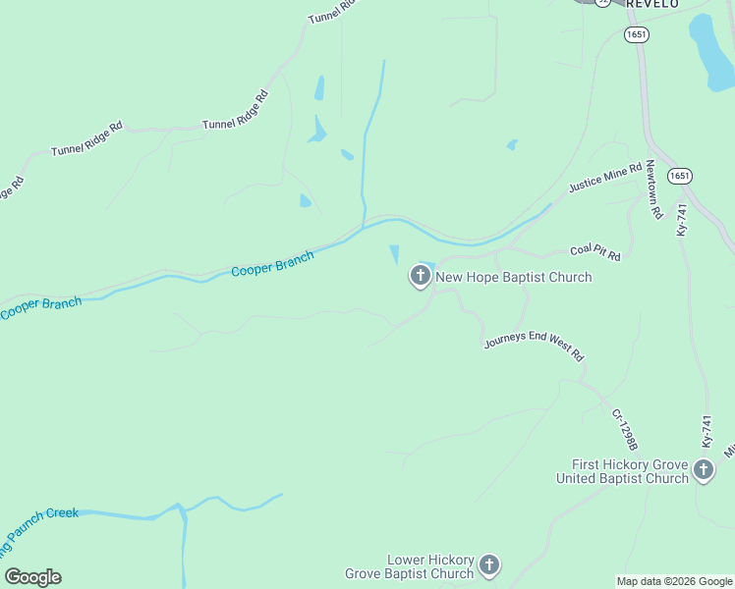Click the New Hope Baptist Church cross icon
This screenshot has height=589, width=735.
tap(421, 277)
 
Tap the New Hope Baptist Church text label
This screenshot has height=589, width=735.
tap(514, 278)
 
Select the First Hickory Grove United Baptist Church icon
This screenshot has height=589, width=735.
tap(704, 470)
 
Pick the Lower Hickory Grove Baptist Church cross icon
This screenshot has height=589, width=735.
tap(489, 565)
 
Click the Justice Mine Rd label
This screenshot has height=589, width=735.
tap(604, 179)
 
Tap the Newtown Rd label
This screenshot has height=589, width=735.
tap(651, 190)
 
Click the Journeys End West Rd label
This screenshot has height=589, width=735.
tap(535, 348)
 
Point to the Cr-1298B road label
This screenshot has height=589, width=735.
tap(625, 430)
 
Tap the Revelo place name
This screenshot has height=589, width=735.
tap(652, 4)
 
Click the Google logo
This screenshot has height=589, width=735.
tap(32, 577)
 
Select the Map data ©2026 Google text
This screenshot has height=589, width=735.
tap(674, 581)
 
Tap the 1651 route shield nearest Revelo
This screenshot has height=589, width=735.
tap(636, 34)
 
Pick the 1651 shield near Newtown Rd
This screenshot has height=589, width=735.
tap(679, 176)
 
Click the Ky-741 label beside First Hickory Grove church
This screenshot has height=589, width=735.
tap(706, 432)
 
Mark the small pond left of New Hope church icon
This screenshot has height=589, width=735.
tap(395, 254)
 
